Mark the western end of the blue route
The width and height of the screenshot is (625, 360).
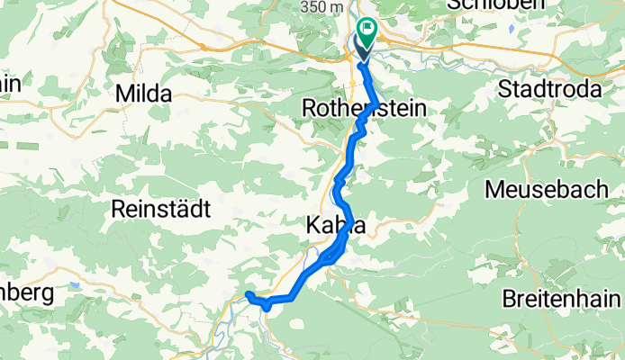(248, 294)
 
